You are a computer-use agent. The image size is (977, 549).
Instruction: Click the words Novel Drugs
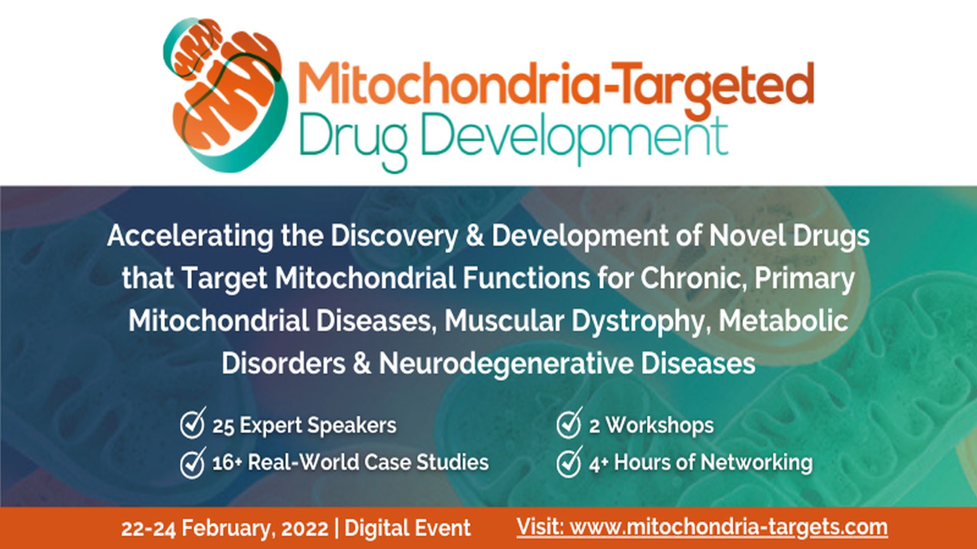[x=789, y=236]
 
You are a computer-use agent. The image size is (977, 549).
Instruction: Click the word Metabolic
[x=784, y=321]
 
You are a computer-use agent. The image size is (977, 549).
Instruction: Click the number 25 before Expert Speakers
[x=223, y=426]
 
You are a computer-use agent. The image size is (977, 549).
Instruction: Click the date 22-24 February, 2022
[x=224, y=529]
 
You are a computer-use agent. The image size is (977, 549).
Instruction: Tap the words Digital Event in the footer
[x=407, y=529]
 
